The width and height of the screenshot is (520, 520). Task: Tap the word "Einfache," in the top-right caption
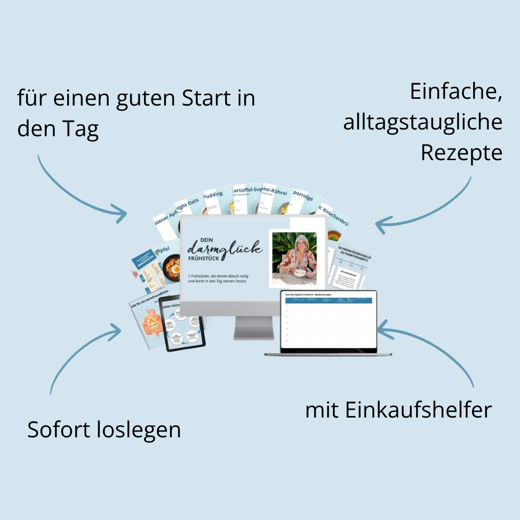point(456,92)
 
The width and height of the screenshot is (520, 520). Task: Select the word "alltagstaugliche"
point(423,123)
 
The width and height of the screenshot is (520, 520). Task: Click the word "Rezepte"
point(462,153)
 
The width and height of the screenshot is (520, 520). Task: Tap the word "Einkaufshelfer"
point(418,410)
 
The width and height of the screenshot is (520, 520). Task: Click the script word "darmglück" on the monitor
point(225,247)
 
